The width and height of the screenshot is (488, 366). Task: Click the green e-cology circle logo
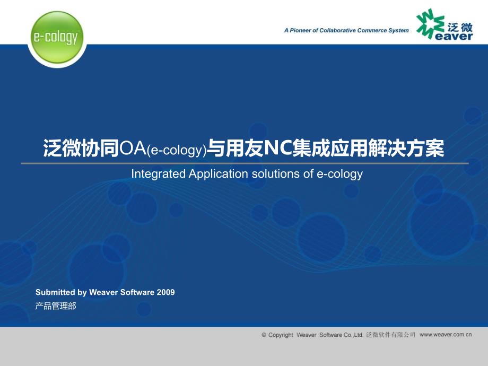(57, 37)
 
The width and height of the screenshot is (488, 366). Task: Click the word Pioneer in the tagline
(300, 31)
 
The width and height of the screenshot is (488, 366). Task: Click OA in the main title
(133, 148)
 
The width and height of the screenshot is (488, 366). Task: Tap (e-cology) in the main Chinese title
(177, 150)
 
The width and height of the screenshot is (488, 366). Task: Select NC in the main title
(277, 148)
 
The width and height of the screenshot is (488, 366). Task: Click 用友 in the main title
(245, 148)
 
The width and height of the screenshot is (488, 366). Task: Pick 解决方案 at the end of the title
(406, 148)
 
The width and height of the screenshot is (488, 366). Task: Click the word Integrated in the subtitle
(159, 174)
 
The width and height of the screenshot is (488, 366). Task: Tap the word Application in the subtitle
(219, 174)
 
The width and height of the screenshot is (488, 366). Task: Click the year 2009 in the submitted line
(166, 292)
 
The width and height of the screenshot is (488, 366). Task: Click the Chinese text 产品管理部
(56, 306)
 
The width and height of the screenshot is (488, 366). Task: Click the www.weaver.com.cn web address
(446, 335)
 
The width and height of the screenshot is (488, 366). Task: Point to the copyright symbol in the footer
(264, 335)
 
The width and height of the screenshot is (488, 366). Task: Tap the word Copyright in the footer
(281, 335)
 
